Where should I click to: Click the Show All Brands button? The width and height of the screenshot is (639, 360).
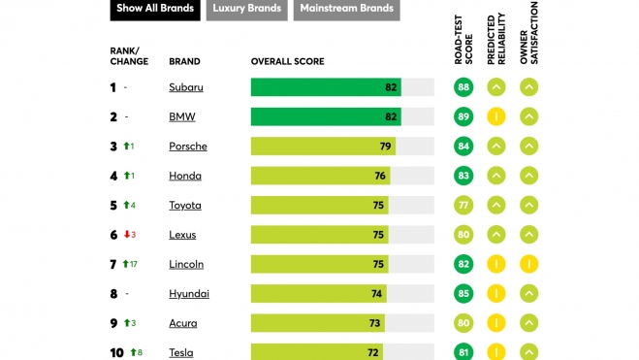point(155,9)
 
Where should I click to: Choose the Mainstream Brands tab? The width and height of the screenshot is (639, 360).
point(346,9)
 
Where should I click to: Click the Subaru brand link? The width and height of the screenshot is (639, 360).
point(186,87)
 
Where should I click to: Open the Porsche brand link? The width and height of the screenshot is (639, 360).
point(188,147)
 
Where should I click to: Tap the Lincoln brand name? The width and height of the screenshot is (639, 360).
point(186,264)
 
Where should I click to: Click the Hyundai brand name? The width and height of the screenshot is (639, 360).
point(189,294)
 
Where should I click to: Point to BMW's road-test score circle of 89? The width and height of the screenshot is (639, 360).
point(463,116)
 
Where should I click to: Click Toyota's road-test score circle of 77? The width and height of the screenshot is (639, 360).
point(463,205)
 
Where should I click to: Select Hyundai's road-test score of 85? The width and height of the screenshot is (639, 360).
point(463,293)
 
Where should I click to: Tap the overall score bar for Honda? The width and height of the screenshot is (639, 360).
point(320,176)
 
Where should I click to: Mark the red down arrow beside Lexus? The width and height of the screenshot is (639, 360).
point(127,235)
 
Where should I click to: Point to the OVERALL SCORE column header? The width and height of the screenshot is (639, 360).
point(287,61)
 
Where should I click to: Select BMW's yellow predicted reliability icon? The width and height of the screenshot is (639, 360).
point(496,116)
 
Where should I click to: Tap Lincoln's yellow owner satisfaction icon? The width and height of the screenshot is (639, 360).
point(528,264)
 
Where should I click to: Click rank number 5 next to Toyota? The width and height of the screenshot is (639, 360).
point(113,206)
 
